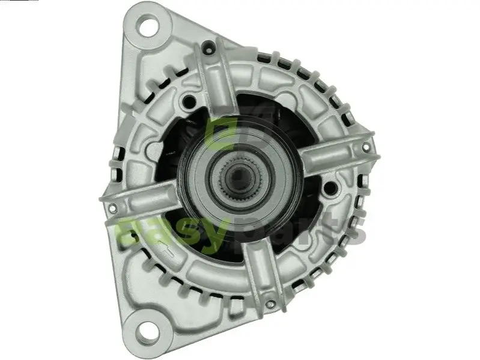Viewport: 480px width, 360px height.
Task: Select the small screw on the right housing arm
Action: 365,148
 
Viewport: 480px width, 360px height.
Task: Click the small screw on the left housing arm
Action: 112,208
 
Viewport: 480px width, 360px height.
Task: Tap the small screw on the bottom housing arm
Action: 269,304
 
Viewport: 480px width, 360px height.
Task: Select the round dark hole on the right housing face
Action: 329,188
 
